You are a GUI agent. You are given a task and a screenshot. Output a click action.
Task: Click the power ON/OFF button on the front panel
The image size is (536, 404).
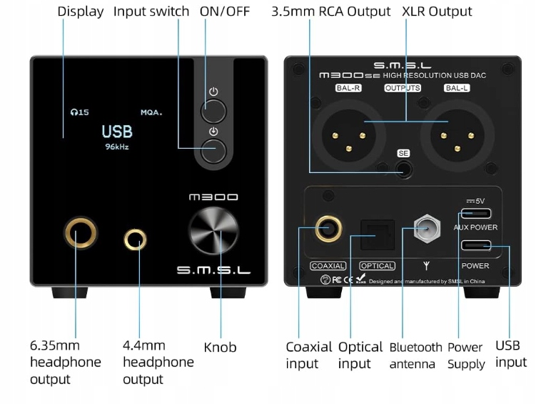(x=213, y=112)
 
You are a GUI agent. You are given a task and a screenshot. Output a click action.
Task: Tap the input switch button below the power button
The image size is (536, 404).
(x=213, y=150)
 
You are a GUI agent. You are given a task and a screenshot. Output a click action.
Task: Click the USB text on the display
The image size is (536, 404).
(x=117, y=132)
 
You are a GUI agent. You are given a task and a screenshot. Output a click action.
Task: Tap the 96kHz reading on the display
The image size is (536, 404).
(x=117, y=147)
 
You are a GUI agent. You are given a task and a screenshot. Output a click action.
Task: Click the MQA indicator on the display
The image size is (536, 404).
(x=151, y=112)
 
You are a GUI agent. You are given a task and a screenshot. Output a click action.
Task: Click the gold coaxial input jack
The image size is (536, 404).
(x=328, y=230)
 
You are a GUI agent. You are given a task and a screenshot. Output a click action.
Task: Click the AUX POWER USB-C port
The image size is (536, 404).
(x=476, y=213)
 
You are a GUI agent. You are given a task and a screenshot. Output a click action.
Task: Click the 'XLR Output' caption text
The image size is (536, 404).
(x=437, y=11)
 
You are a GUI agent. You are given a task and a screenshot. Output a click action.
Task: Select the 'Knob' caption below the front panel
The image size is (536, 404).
(x=220, y=348)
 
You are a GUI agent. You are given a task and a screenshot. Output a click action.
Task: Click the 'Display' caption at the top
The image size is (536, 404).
(x=80, y=11)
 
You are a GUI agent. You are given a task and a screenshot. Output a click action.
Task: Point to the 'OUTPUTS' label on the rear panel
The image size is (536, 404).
(x=403, y=88)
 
